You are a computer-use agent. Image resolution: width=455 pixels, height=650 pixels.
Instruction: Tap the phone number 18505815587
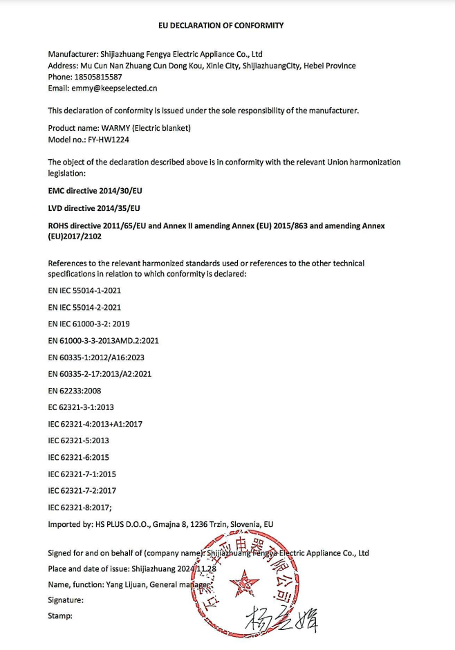98,77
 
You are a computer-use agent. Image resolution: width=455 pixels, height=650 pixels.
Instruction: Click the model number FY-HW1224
110,139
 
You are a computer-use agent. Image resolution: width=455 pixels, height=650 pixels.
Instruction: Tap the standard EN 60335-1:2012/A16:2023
96,357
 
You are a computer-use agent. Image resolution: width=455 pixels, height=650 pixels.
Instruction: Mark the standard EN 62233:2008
75,391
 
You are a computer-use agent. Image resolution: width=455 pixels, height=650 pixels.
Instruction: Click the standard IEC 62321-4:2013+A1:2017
95,424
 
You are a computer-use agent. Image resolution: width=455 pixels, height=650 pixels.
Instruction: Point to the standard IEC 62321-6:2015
78,457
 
